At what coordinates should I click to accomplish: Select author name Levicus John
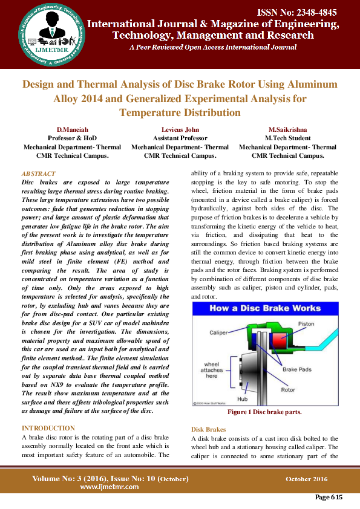(x=180, y=130)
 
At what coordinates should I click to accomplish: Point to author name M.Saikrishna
(x=287, y=130)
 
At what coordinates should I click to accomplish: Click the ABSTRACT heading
(x=38, y=173)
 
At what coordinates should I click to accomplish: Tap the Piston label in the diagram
(x=306, y=323)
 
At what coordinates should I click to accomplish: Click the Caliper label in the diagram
(x=218, y=333)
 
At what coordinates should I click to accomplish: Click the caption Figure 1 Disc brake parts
(x=264, y=412)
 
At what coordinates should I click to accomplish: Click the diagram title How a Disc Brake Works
(x=264, y=308)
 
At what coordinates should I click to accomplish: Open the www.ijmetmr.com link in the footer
(x=110, y=487)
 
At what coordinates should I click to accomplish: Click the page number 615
(x=329, y=498)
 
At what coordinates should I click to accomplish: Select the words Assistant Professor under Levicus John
(x=180, y=138)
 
